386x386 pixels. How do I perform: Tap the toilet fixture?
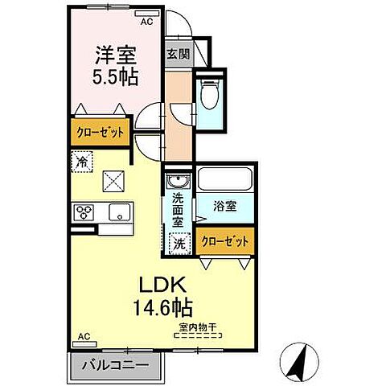point(210,96)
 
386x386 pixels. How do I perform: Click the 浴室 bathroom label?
point(224,206)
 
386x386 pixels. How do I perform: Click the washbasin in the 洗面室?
point(177,182)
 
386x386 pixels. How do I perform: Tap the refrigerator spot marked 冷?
point(82,161)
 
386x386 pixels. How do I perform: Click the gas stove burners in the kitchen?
point(84,212)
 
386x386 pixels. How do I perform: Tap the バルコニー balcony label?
point(116,364)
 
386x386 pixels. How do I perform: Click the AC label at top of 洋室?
point(146,22)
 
